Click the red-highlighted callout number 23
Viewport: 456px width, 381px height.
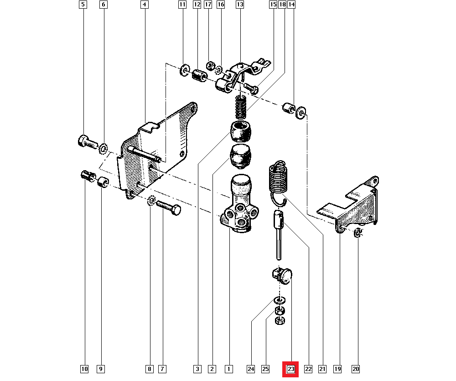[291, 369]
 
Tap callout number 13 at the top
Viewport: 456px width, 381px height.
[240, 5]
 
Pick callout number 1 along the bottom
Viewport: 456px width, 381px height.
[228, 369]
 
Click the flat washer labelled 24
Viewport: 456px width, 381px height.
[279, 300]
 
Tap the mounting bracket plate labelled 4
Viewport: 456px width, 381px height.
[155, 151]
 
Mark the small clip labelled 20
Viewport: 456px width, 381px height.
[358, 234]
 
